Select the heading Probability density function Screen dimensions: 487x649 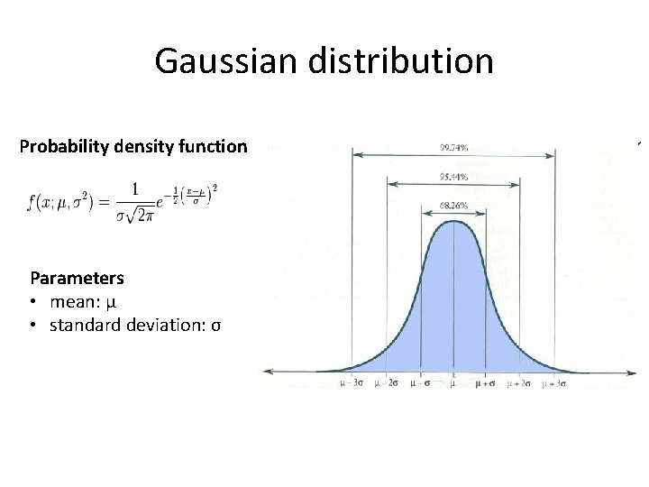click(133, 145)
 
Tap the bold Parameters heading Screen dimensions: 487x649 click(77, 278)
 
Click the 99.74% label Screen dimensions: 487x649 click(453, 147)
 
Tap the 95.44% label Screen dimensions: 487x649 click(453, 177)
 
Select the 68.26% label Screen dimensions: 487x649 click(453, 206)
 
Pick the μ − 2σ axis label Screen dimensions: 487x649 click(387, 383)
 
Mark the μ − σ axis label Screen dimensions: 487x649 click(420, 383)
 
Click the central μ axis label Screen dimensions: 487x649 click(453, 383)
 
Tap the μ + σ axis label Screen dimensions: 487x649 click(487, 383)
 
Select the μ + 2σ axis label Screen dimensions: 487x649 click(520, 383)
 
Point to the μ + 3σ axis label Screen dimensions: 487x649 click(553, 383)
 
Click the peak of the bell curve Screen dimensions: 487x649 click(453, 222)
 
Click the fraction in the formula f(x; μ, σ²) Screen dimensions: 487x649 click(135, 203)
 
